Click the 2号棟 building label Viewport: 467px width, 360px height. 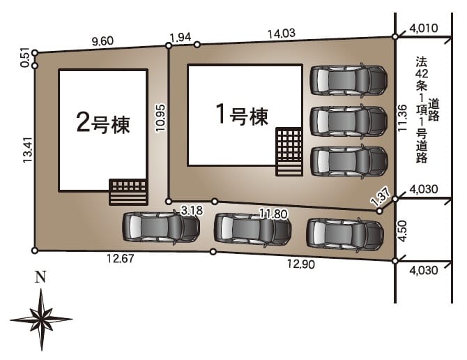tap(103, 123)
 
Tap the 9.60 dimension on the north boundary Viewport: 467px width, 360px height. tap(102, 41)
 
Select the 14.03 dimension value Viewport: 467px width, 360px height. tap(282, 33)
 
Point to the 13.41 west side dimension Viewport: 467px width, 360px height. tap(28, 150)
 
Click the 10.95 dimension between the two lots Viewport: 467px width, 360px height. tap(160, 118)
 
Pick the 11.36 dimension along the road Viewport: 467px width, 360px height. tap(402, 118)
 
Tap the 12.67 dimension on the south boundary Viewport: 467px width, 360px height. tap(121, 258)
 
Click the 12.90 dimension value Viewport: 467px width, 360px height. tap(301, 264)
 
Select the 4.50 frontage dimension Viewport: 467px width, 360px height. tap(403, 231)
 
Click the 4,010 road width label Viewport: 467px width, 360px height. tap(424, 29)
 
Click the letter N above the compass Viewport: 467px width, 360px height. tap(41, 277)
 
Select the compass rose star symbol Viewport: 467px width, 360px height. tap(41, 319)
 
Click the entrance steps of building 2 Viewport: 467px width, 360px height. tap(128, 192)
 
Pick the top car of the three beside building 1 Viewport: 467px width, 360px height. tap(349, 80)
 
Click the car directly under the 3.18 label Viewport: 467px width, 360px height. tap(161, 227)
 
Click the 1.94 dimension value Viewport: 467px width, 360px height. tap(180, 38)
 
